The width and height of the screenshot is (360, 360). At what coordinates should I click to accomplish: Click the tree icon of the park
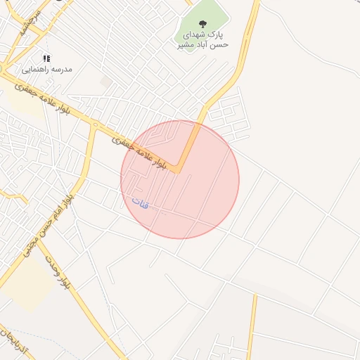tap(203, 24)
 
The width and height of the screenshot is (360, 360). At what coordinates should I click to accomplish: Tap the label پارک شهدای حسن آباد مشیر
tap(203, 39)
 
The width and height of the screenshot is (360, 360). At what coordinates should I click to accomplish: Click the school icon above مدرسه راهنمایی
tap(46, 59)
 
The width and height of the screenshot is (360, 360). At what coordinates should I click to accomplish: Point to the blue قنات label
tap(141, 203)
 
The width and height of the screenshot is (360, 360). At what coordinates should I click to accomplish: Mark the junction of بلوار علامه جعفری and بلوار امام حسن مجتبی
tap(94, 126)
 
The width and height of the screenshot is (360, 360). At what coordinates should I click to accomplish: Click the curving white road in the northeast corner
tap(309, 42)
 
